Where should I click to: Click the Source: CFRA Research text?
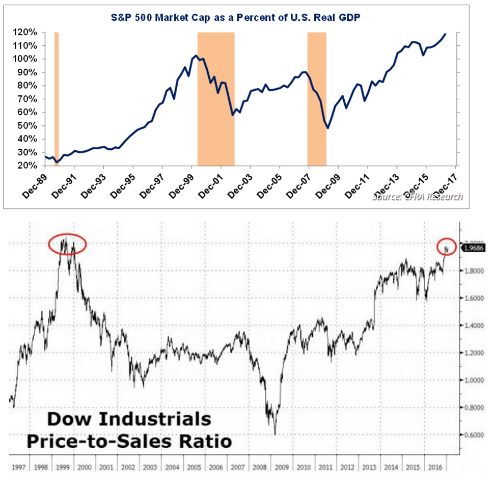[x=418, y=196]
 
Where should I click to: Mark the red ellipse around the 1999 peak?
[x=68, y=245]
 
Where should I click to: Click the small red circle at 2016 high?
[x=447, y=247]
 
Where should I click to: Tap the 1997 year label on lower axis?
[x=18, y=467]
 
